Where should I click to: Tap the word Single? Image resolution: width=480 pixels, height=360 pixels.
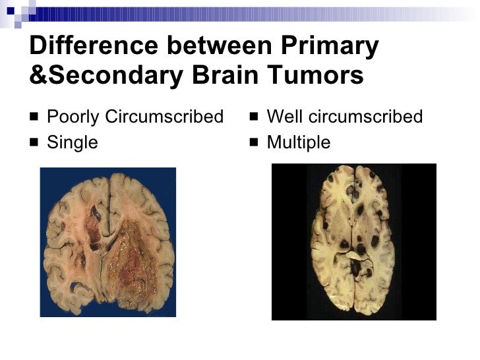coord(73,142)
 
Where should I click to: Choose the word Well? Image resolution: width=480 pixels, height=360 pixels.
coord(285,117)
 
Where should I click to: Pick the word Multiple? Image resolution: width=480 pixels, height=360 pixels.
coord(299,142)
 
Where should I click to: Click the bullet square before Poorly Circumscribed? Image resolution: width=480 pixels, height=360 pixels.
coord(34,118)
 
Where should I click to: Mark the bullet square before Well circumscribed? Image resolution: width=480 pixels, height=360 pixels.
coord(254,118)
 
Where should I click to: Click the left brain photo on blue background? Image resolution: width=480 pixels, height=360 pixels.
coord(107,242)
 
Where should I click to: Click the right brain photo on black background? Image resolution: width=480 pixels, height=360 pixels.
coord(354,241)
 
